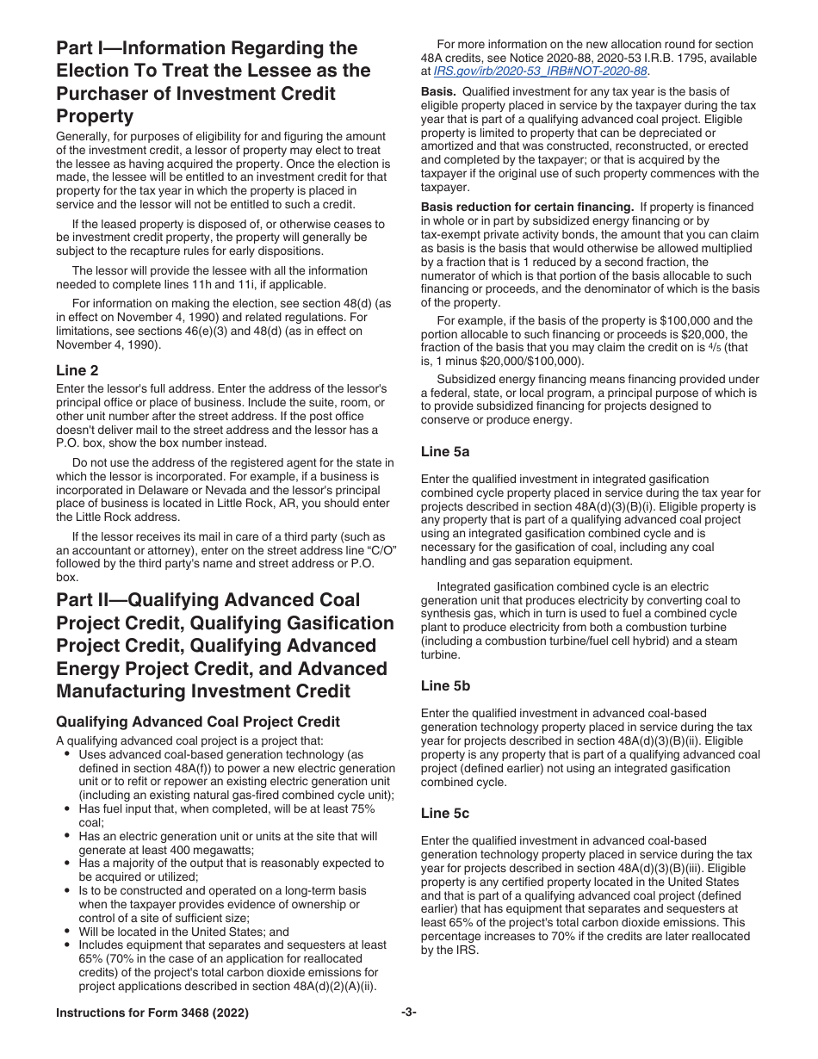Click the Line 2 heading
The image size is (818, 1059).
[x=77, y=370]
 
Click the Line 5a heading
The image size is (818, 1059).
[x=445, y=451]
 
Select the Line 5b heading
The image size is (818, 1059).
[x=445, y=685]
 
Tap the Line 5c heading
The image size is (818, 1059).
[x=445, y=813]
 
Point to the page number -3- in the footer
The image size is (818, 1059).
[x=408, y=1013]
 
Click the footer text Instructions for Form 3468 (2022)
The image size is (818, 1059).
[x=152, y=1013]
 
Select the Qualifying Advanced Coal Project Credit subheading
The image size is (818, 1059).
[x=198, y=721]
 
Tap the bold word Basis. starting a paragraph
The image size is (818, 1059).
[x=438, y=92]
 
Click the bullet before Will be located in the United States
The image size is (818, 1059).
[x=68, y=932]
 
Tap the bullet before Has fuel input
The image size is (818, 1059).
[x=68, y=809]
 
